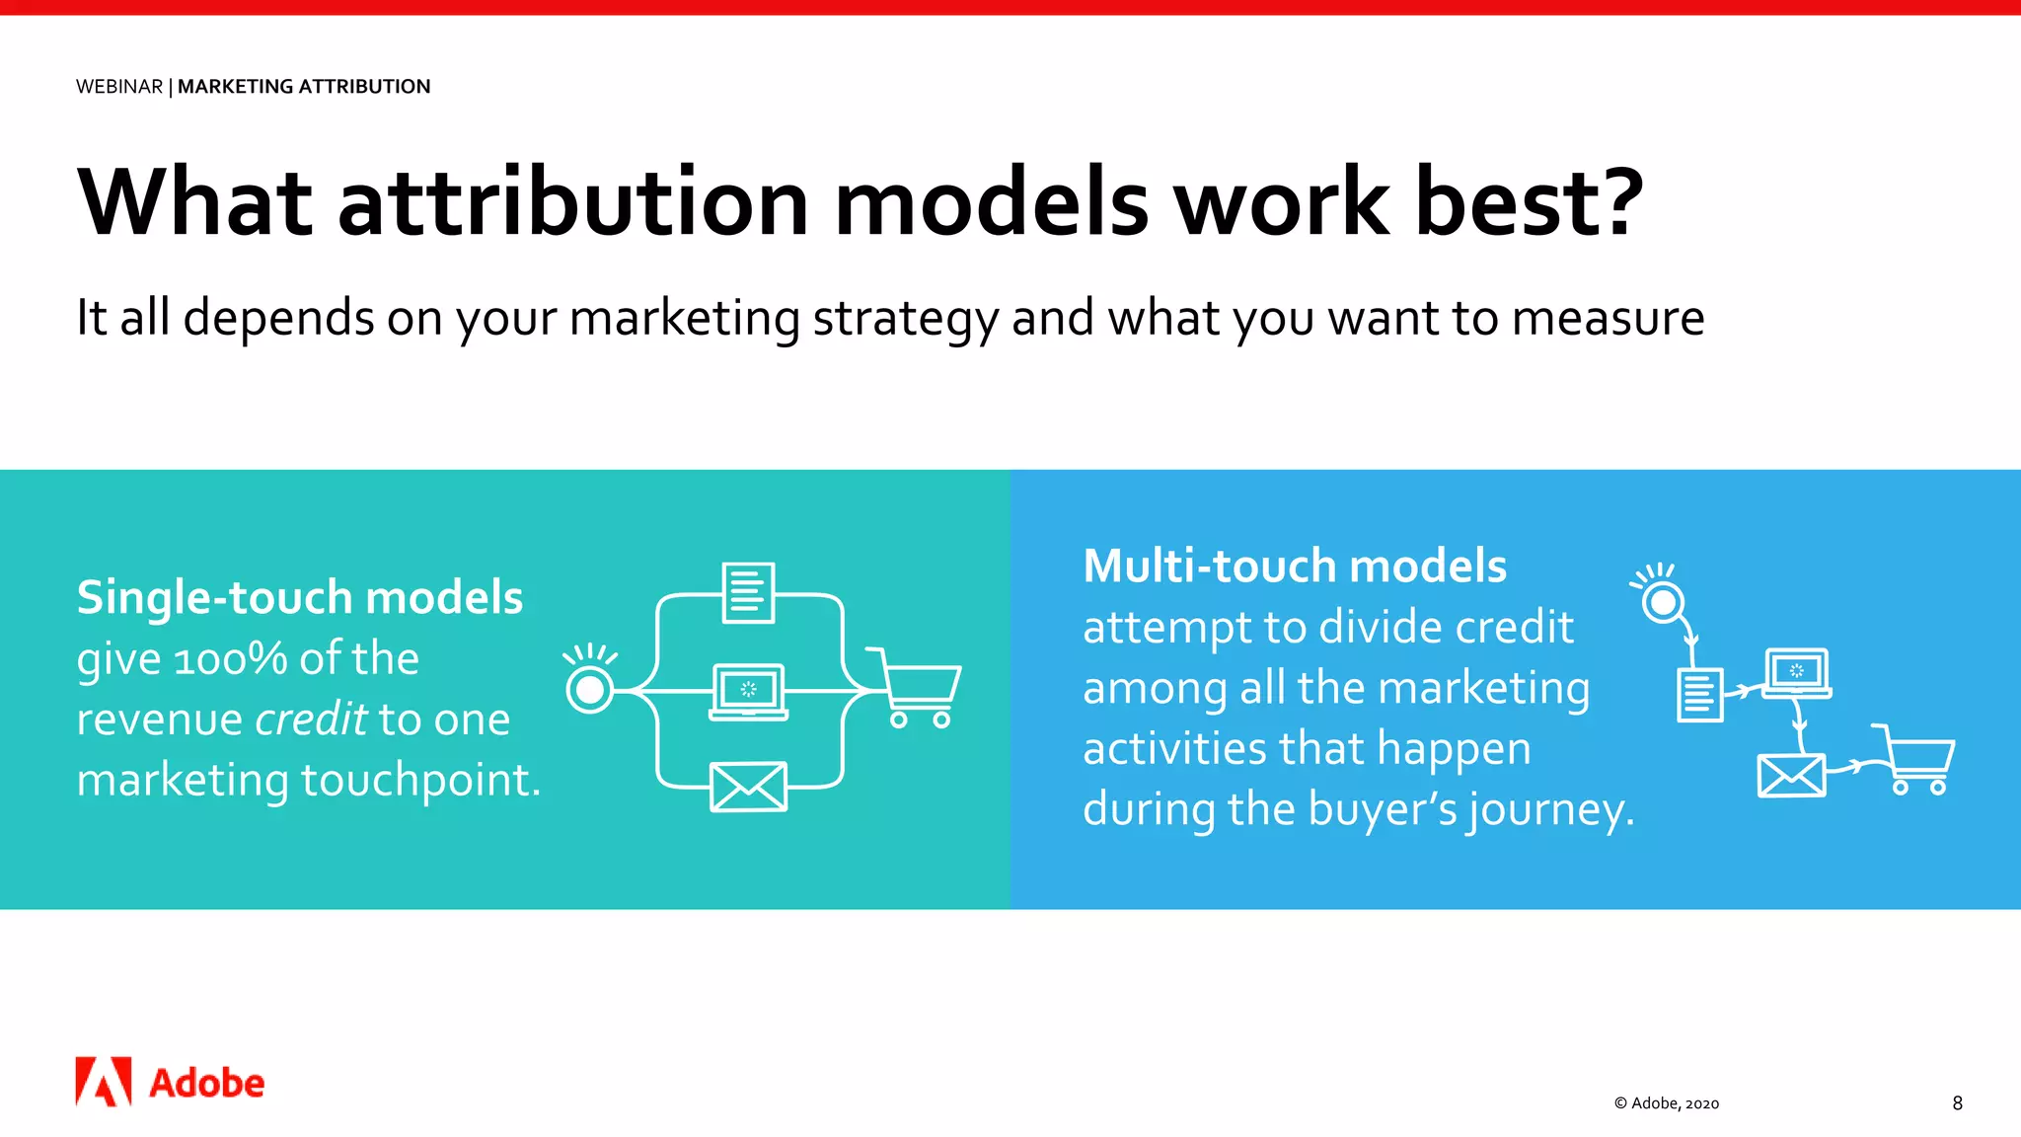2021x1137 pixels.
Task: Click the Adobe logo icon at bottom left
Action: pyautogui.click(x=104, y=1082)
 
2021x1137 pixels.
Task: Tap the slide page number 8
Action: pyautogui.click(x=1957, y=1103)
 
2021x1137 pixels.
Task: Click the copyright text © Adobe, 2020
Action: pyautogui.click(x=1666, y=1103)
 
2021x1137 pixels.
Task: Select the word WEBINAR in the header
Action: pyautogui.click(x=119, y=87)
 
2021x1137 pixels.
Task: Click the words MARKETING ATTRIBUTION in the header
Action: pyautogui.click(x=304, y=87)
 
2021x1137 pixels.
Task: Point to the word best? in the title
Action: pyautogui.click(x=1530, y=202)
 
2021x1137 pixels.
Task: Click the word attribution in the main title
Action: pyautogui.click(x=573, y=202)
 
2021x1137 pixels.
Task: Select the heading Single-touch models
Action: pyautogui.click(x=300, y=597)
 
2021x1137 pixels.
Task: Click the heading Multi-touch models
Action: pyautogui.click(x=1294, y=567)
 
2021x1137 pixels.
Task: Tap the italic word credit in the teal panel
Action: pyautogui.click(x=311, y=720)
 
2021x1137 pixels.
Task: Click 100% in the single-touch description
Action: pyautogui.click(x=230, y=659)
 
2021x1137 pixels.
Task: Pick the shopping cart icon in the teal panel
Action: pyautogui.click(x=916, y=688)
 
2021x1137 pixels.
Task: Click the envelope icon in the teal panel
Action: pyautogui.click(x=748, y=787)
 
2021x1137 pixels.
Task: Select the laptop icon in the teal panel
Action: pyautogui.click(x=749, y=691)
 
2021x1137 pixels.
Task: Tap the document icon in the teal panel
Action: pyautogui.click(x=748, y=592)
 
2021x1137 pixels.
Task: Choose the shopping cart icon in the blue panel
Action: pyautogui.click(x=1917, y=761)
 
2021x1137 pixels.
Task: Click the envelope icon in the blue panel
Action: pyautogui.click(x=1791, y=776)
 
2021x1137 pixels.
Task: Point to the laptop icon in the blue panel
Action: pyautogui.click(x=1796, y=673)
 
